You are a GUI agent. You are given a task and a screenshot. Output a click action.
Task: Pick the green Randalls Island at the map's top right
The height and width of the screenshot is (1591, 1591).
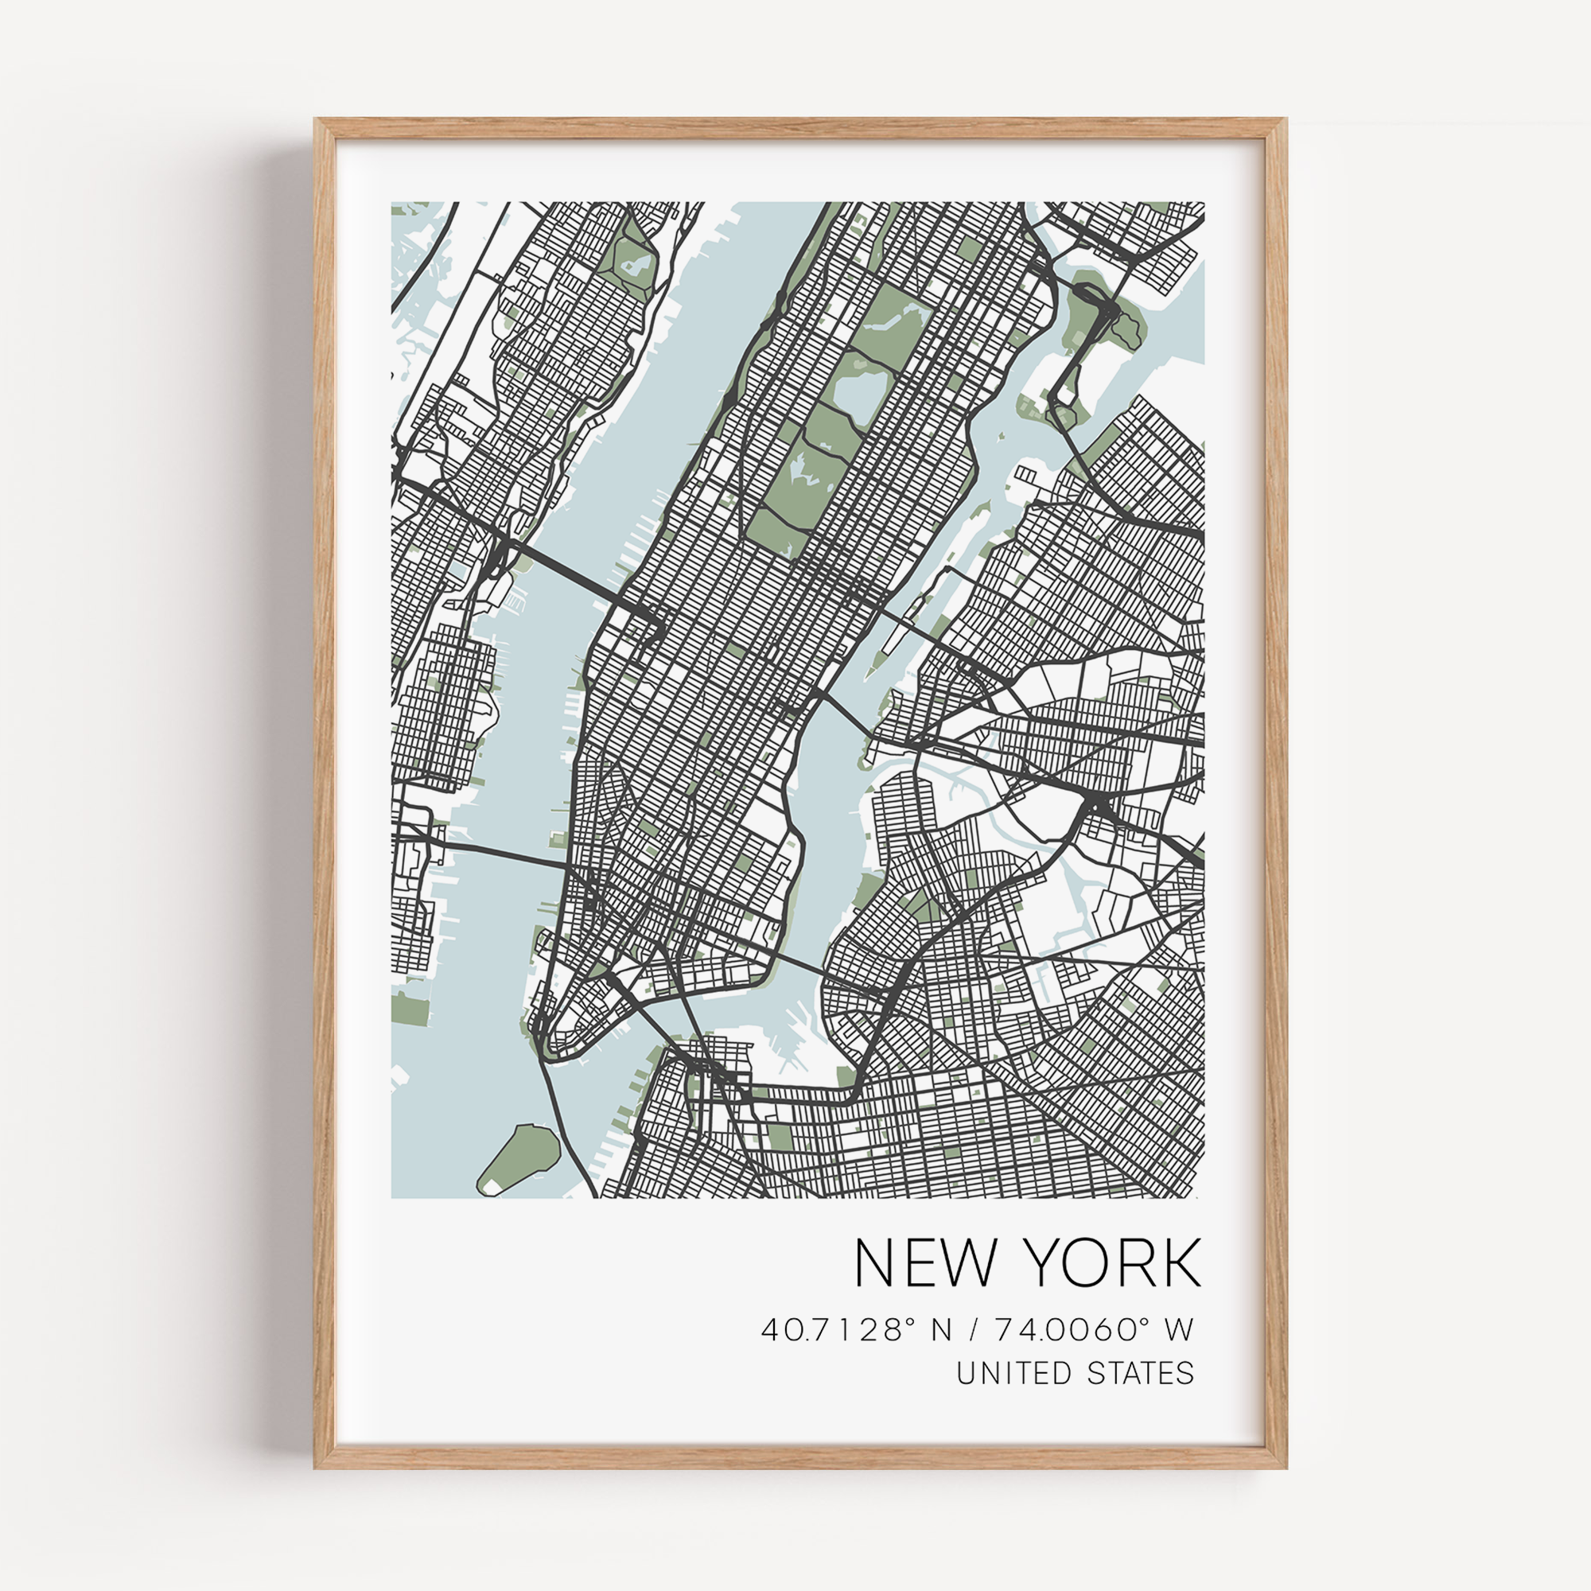[x=1095, y=317]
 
